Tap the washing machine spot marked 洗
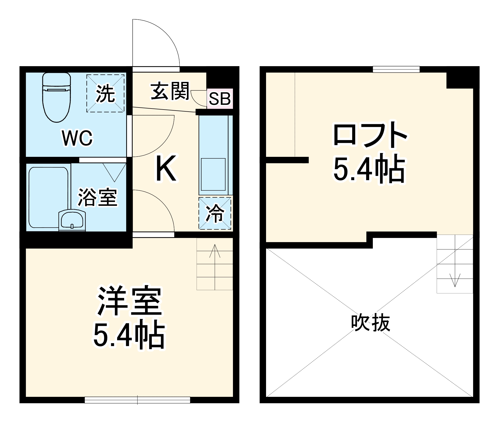(105, 93)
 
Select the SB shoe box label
(220, 99)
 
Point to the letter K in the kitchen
(166, 168)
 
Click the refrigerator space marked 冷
(215, 213)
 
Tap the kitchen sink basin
(213, 174)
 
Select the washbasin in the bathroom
(72, 220)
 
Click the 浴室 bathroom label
(97, 197)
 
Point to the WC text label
(77, 138)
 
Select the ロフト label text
(370, 136)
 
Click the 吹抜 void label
(370, 323)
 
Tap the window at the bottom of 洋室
(137, 400)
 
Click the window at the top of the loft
(396, 69)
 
